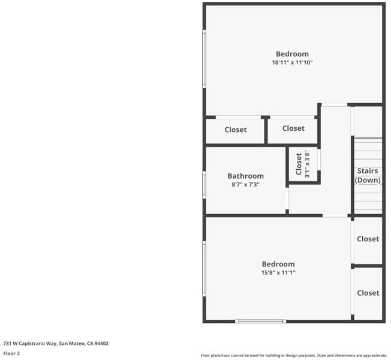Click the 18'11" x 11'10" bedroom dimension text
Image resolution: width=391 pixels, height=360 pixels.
coord(292,62)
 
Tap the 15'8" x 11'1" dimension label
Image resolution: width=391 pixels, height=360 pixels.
coord(278,272)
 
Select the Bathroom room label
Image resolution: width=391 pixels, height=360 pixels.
coord(246,176)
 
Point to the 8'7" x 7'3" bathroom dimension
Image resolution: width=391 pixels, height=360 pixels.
coord(246,185)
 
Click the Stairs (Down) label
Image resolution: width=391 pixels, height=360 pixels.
coord(368,175)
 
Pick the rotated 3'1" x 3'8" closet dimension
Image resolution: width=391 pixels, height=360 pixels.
coord(307,165)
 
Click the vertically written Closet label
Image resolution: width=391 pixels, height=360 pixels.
coord(299,164)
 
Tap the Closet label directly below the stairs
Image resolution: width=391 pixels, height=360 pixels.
coord(368,239)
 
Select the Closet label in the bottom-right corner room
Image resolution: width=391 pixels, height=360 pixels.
coord(368,293)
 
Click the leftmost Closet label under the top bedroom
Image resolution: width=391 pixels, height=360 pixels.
coord(236,130)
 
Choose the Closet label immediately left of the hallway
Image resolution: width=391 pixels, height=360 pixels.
coord(293,128)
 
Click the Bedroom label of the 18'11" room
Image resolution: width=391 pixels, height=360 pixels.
coord(292,54)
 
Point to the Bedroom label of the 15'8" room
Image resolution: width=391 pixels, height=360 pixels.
coord(278,264)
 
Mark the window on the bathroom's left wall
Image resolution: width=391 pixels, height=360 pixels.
coord(204,185)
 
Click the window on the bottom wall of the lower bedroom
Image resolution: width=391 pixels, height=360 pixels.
coord(261,322)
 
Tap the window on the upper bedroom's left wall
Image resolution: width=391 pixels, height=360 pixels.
coord(204,59)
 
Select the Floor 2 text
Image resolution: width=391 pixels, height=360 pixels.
coord(11,353)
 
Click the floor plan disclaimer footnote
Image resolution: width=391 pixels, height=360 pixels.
coord(294,355)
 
